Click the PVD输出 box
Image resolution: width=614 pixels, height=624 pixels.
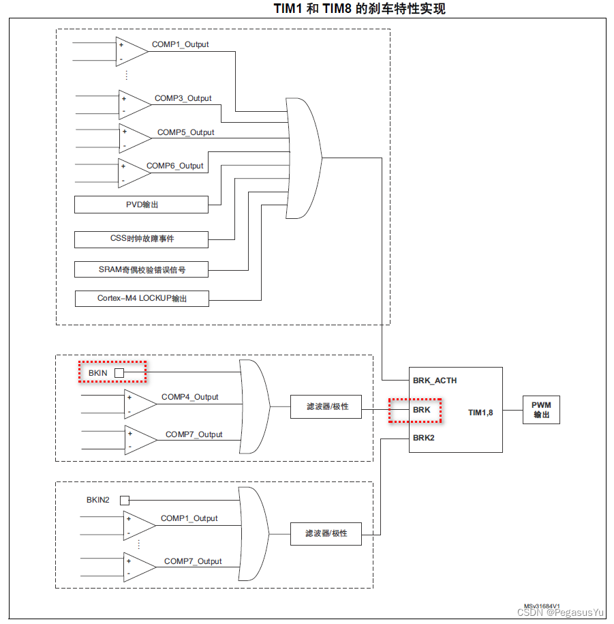[141, 204]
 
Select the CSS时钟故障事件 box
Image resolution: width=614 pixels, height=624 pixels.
[141, 239]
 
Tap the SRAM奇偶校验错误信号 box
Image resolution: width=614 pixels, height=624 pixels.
[141, 269]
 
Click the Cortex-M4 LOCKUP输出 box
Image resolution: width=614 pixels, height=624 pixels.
[141, 298]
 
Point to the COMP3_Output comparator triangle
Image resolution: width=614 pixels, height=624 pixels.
[134, 105]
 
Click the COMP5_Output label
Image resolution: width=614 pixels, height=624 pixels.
[185, 132]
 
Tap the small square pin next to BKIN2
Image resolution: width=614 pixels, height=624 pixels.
[124, 500]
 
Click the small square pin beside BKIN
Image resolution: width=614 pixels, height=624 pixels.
[119, 373]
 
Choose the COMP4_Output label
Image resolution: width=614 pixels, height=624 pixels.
[189, 397]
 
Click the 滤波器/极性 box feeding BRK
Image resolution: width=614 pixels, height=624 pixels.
[326, 406]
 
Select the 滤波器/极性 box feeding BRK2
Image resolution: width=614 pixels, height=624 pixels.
[326, 533]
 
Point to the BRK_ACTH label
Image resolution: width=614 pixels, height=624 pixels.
[434, 381]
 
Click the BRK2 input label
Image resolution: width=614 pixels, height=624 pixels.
[423, 438]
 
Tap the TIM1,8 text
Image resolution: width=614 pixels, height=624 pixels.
[480, 413]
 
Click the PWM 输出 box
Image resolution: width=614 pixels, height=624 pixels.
[541, 410]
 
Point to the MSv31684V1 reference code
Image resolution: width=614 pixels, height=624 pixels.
[542, 606]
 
